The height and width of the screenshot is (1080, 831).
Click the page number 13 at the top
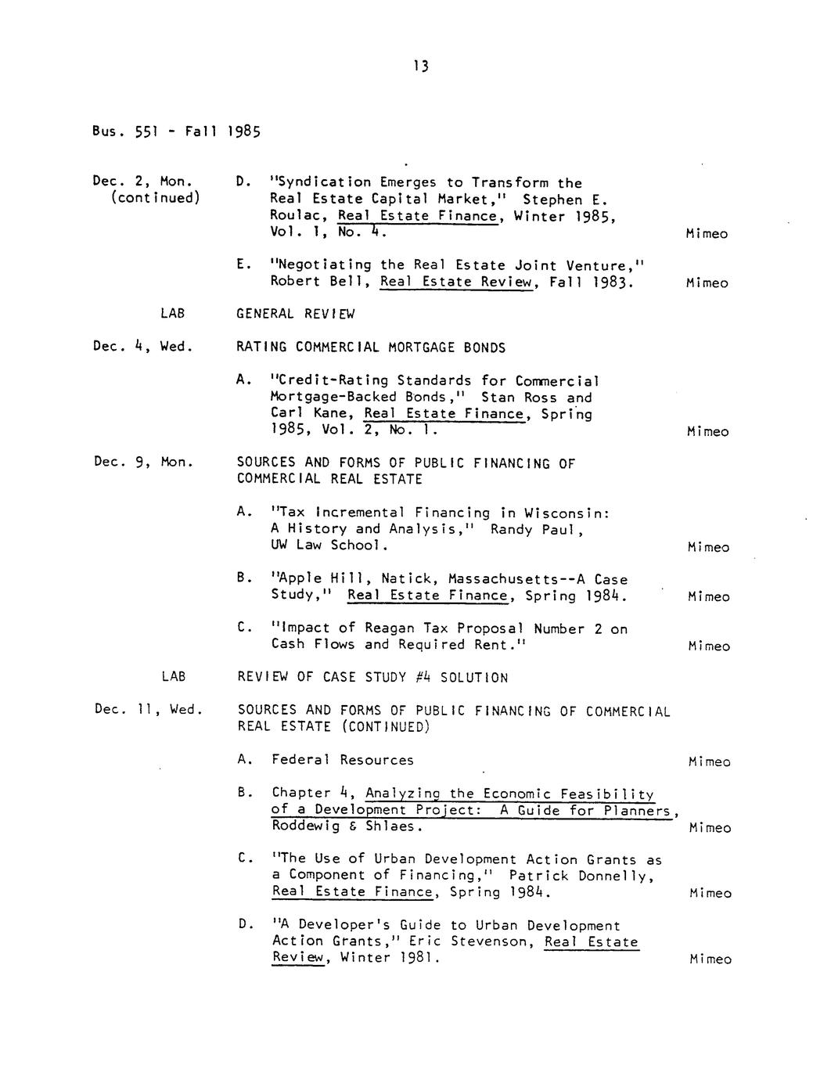421,67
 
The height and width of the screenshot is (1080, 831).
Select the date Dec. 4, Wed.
142,346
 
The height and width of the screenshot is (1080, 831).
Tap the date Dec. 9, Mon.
143,462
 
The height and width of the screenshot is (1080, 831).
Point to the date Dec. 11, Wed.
148,709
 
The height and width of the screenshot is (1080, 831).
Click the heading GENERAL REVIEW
295,314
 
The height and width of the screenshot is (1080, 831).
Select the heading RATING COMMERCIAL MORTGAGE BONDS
371,347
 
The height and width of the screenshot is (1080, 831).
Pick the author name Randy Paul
537,529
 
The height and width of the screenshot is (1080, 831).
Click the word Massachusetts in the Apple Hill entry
502,579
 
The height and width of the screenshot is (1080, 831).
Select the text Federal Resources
343,759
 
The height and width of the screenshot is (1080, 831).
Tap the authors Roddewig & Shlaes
347,826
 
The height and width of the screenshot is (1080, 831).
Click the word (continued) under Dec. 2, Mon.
155,198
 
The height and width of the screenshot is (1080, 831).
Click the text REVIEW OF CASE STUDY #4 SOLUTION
372,677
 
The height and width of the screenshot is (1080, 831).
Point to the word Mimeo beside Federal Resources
710,761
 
